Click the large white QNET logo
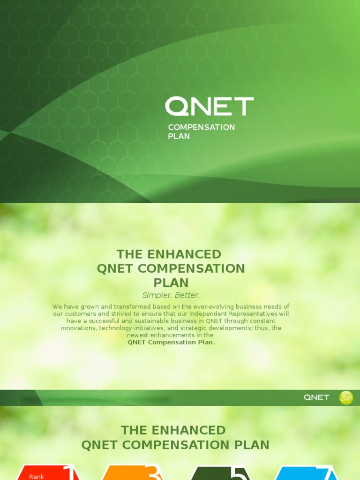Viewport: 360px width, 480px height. pos(209,106)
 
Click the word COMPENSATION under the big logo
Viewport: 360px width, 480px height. pos(201,127)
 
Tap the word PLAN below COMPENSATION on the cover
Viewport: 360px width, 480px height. pos(179,136)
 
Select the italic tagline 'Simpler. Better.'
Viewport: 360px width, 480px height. pos(171,295)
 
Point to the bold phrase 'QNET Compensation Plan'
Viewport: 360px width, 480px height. pos(171,342)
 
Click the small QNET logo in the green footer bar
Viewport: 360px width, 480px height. pos(316,397)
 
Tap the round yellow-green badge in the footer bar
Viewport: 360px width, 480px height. pos(346,397)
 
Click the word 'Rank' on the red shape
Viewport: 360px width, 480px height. pos(37,476)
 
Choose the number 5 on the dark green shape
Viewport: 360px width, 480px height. pos(238,473)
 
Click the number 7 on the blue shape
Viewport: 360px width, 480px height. pos(330,473)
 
